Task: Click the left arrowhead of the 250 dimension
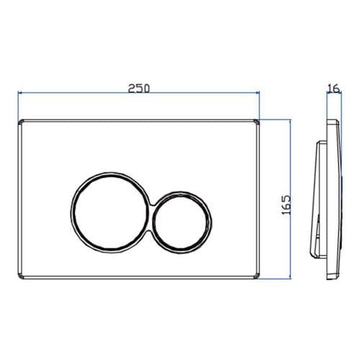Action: point(19,94)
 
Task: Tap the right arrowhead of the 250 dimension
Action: point(257,94)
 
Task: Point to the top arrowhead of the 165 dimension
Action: point(289,121)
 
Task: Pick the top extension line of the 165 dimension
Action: point(277,118)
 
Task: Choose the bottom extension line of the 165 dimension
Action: point(277,278)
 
